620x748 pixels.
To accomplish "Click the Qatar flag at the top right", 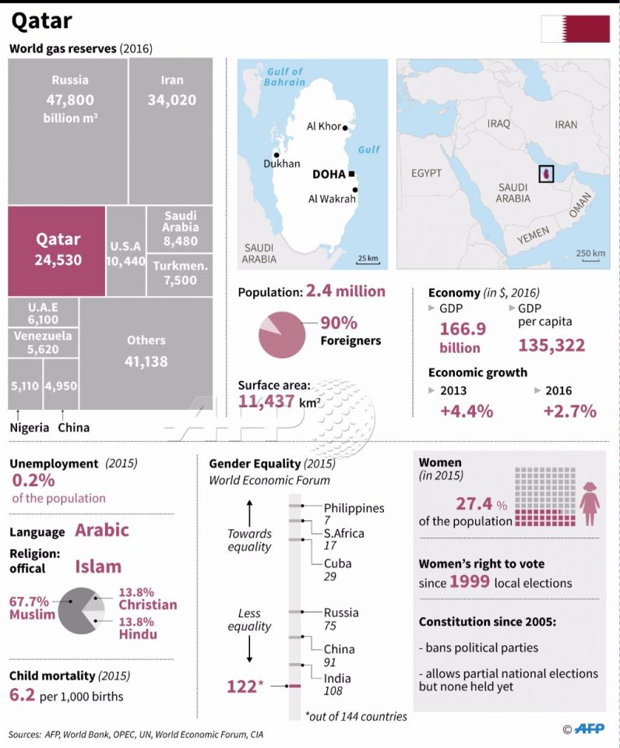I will click(x=576, y=28).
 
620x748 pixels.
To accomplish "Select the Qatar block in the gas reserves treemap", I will click(x=57, y=250).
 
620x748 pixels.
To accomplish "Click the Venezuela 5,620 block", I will click(x=43, y=343).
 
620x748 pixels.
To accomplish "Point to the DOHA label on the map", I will click(x=328, y=174).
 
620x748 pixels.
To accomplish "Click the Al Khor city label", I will click(x=324, y=126).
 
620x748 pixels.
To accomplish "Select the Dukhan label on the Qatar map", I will click(x=281, y=164).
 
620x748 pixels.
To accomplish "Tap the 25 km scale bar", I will click(x=368, y=259).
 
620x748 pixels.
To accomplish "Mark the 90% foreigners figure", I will click(x=338, y=323).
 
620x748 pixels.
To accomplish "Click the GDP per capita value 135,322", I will click(x=551, y=345).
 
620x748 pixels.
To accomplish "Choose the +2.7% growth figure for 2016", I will click(x=569, y=411).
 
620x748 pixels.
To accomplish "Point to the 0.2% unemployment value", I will click(x=32, y=481).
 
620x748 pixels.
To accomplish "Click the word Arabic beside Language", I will click(x=102, y=531).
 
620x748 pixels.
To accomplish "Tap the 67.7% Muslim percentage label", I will click(x=29, y=602).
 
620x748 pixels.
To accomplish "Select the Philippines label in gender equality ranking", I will click(x=354, y=508).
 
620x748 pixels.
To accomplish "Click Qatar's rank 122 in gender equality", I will click(x=241, y=686).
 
